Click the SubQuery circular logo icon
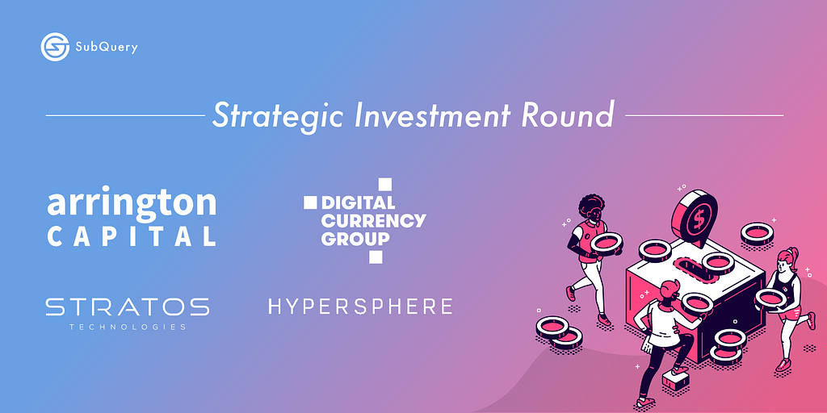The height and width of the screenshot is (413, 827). click(55, 47)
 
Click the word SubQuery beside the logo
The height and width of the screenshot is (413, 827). click(107, 48)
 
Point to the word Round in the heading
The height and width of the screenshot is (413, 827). click(568, 115)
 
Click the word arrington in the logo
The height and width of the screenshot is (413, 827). click(132, 204)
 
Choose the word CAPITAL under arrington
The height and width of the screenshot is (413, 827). click(132, 236)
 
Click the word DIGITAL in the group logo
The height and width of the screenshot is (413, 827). click(358, 202)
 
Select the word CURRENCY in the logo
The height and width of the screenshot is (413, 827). click(373, 220)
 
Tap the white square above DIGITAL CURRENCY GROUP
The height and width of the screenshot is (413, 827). click(385, 184)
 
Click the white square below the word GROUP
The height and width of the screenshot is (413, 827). click(375, 257)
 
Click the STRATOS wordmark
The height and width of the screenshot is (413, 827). click(127, 307)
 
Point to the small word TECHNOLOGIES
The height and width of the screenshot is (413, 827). click(127, 327)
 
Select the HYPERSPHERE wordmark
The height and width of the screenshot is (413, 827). click(360, 306)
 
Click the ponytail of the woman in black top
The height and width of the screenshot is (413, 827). click(792, 257)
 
